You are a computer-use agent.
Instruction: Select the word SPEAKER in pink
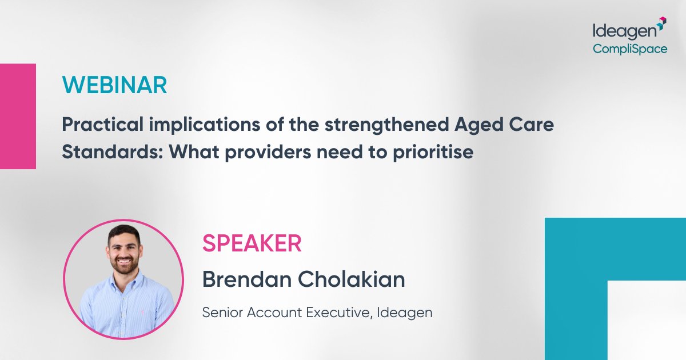coord(252,244)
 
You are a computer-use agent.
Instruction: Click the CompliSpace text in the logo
coord(629,49)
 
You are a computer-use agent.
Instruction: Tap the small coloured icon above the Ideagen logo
coord(661,22)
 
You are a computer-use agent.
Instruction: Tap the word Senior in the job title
coord(220,313)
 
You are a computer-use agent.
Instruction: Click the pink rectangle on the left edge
coord(18,116)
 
